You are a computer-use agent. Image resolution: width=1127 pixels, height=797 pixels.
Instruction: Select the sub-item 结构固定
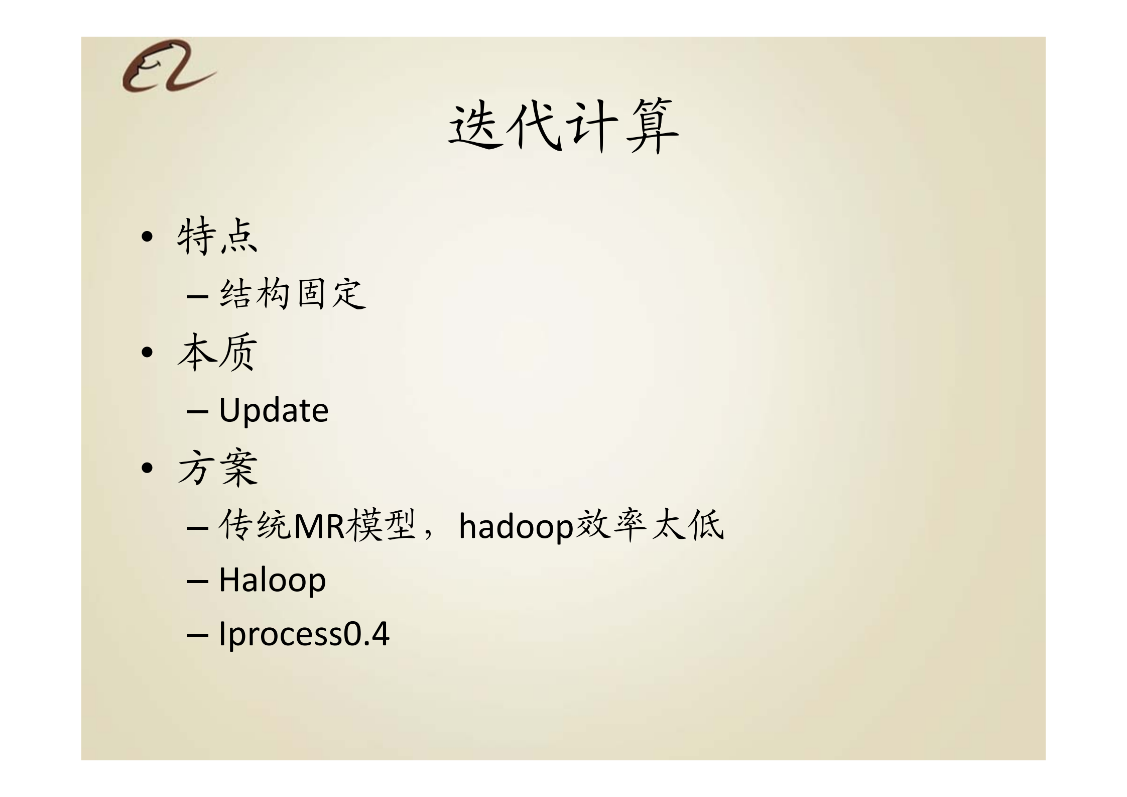(x=293, y=294)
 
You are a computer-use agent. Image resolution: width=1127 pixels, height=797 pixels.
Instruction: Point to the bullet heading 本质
(x=217, y=352)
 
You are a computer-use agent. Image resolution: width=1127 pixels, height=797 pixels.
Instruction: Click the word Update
(x=274, y=410)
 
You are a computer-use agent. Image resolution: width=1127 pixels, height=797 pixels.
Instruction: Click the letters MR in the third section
(x=318, y=526)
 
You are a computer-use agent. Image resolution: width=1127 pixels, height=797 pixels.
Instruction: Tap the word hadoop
(x=516, y=526)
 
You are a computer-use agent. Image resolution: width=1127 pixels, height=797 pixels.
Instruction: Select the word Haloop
(x=272, y=580)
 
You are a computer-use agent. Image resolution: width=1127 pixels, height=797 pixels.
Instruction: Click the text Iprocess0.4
(x=304, y=634)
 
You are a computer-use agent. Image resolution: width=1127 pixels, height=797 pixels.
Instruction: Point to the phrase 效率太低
(x=650, y=526)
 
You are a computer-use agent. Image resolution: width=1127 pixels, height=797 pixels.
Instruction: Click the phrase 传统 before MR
(x=255, y=526)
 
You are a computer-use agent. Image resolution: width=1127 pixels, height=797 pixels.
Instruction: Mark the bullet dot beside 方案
(x=147, y=469)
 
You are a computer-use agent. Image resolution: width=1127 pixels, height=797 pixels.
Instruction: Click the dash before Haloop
(x=197, y=581)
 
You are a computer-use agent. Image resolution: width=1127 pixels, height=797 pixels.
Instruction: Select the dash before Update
(x=197, y=411)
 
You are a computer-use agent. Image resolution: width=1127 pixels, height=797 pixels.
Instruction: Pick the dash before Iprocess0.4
(x=197, y=635)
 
